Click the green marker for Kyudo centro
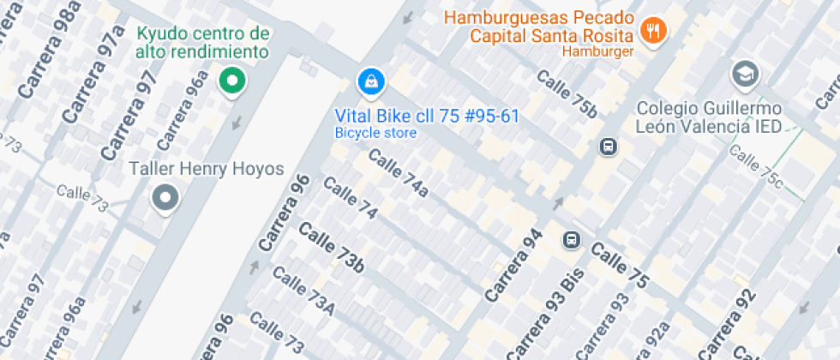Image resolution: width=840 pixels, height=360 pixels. click(x=231, y=81)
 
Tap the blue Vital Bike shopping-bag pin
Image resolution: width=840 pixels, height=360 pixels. click(x=370, y=82)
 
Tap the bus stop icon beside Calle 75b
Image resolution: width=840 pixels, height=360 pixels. click(x=608, y=147)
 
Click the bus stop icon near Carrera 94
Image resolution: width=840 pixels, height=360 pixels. click(x=571, y=240)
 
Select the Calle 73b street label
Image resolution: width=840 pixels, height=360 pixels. click(x=331, y=248)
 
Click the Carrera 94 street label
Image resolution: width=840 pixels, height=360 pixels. click(x=514, y=265)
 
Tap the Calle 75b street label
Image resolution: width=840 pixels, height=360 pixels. click(x=567, y=92)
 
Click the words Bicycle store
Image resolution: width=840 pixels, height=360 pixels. click(x=375, y=133)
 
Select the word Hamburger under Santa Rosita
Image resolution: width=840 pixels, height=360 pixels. click(x=597, y=51)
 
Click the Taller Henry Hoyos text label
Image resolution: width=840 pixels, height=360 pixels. click(x=206, y=169)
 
